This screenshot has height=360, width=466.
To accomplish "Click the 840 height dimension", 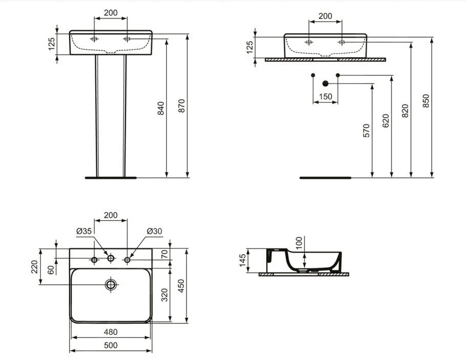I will point(161,108).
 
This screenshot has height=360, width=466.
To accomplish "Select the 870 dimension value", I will point(181,105).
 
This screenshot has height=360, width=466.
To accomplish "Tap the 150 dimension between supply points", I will point(325,96).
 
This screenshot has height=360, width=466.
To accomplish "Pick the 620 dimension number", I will point(386,120).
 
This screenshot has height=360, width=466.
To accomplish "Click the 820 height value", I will point(405,111).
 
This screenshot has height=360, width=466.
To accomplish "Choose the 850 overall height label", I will point(426,101).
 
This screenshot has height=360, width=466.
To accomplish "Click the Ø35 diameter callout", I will point(84,231).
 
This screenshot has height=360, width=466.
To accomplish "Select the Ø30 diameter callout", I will point(154,231).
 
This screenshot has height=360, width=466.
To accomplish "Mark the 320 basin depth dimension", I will point(164,296).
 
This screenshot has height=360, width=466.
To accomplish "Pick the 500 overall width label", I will point(111,345).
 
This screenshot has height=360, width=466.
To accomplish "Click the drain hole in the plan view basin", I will point(111,284).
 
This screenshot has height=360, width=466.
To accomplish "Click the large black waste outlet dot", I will point(325,83).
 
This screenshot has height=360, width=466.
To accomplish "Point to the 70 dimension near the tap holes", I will point(164,253).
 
